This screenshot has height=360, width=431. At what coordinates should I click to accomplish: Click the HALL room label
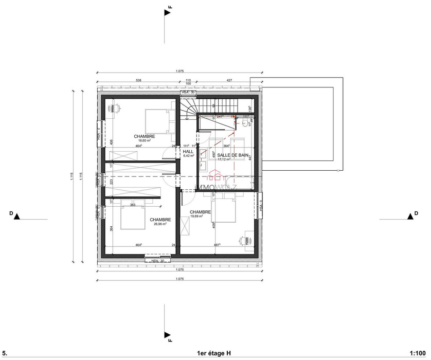[188, 151]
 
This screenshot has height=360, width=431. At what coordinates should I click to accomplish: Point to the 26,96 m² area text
[160, 224]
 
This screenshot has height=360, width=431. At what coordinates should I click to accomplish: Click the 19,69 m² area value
[196, 217]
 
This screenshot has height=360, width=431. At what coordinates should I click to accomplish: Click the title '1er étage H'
[214, 353]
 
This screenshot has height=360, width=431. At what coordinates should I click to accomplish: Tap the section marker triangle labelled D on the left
[17, 217]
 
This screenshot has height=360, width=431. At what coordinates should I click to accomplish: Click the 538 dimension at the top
[138, 80]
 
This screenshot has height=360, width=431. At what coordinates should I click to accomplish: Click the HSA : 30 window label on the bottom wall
[158, 261]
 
